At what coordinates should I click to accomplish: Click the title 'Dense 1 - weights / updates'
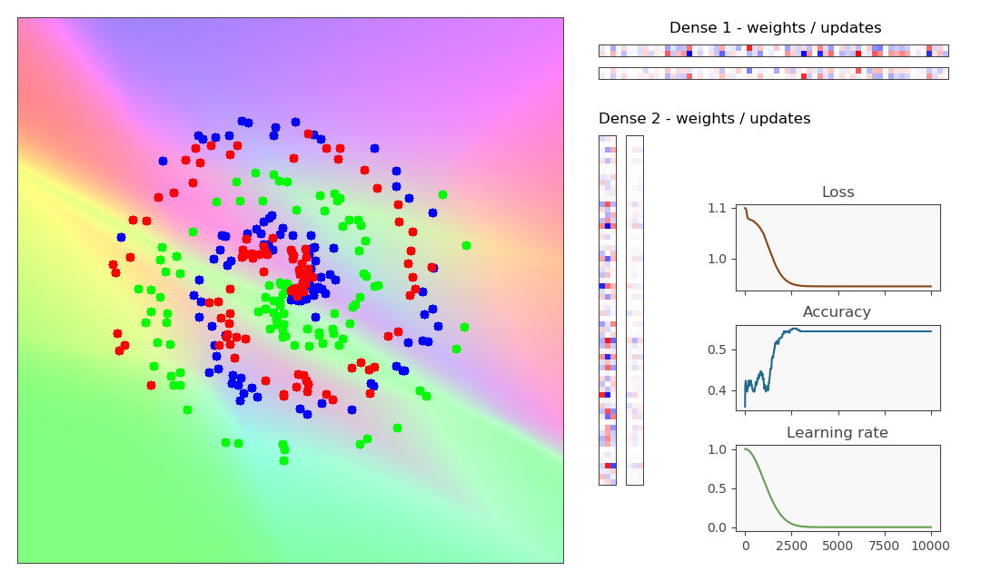(775, 28)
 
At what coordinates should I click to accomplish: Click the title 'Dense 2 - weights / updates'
(704, 119)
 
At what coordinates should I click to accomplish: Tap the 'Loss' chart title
(837, 192)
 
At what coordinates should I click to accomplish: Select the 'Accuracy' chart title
(837, 312)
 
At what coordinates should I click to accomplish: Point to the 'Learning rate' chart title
(837, 433)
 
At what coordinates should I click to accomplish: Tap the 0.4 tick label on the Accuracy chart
(718, 391)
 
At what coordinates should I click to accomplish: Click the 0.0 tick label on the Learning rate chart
(718, 527)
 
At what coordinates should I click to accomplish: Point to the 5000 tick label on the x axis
(837, 547)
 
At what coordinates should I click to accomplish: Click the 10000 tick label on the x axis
(930, 547)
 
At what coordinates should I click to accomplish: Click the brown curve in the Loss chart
(863, 287)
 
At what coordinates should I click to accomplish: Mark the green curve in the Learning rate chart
(863, 527)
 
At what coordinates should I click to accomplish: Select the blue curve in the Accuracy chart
(863, 330)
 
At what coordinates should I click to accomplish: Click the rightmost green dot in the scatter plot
(466, 245)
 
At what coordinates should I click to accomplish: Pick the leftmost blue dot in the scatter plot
(121, 238)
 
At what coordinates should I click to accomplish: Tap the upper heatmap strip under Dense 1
(773, 51)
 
